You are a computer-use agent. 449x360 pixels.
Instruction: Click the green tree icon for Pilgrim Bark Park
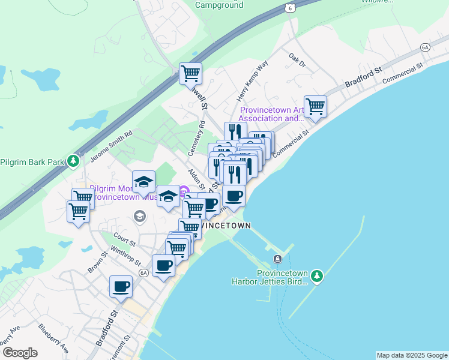(x=73, y=161)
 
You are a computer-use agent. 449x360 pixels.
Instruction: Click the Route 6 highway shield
(x=291, y=7)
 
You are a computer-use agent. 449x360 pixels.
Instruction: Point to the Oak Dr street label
(x=297, y=60)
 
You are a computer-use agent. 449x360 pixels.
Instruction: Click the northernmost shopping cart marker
(x=190, y=73)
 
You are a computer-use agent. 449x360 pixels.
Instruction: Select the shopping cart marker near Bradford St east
(x=315, y=106)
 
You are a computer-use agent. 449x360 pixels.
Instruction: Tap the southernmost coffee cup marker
(x=121, y=286)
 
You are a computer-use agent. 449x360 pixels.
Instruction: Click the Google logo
(x=20, y=353)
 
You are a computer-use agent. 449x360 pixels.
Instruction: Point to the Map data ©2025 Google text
(x=412, y=355)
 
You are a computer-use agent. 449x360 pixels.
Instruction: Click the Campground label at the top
(x=219, y=5)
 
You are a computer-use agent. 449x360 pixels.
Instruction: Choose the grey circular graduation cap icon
(x=140, y=216)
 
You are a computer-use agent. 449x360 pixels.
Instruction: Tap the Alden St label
(x=197, y=179)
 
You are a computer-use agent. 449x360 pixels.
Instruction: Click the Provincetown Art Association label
(x=272, y=114)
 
